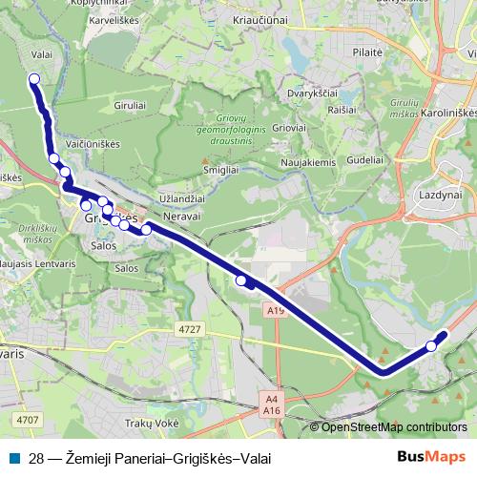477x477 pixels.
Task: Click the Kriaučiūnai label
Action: (260, 19)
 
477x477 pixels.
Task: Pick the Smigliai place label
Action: (220, 169)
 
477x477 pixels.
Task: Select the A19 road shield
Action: (277, 310)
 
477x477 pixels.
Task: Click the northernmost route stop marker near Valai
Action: (34, 79)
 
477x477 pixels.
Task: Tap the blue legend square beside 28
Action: (14, 458)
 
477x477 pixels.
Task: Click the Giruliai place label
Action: (131, 104)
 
